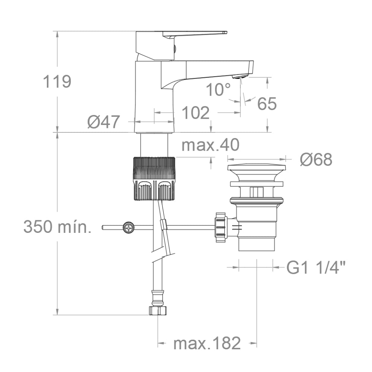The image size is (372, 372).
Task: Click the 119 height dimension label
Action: point(57,81)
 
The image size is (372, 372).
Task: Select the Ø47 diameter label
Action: point(104,122)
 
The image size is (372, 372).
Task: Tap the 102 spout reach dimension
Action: point(196,113)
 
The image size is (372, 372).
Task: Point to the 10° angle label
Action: point(218,90)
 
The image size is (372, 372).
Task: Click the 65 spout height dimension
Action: point(267,104)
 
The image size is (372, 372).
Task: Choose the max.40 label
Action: point(210,145)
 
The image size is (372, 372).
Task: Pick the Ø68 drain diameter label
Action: point(316,160)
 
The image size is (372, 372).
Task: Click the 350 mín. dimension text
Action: point(57,226)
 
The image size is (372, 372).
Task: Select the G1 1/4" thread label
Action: point(316,267)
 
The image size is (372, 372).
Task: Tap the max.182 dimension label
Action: point(207,343)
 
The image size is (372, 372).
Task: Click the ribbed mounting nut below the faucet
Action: point(154,179)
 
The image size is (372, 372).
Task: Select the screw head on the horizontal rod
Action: point(129,227)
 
